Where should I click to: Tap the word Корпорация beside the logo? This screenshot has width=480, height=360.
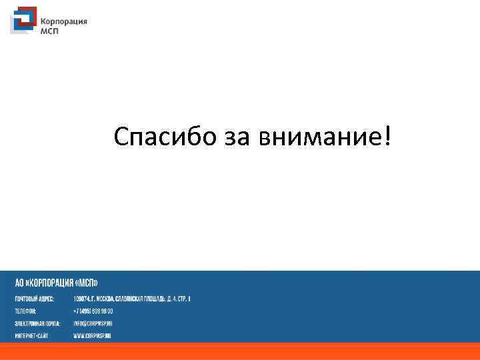[65, 21]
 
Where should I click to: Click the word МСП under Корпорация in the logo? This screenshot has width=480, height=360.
[51, 30]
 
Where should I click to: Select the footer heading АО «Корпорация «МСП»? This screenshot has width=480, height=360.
[57, 283]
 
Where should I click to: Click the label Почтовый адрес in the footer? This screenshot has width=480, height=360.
[35, 299]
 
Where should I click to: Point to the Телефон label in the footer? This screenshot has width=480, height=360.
[25, 311]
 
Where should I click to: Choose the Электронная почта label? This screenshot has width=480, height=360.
[37, 323]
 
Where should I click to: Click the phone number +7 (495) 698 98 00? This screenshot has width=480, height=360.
[93, 311]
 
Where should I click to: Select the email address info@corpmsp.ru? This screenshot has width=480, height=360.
[93, 323]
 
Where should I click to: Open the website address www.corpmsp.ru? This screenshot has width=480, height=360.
[92, 335]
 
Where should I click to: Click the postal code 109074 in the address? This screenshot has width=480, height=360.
[82, 299]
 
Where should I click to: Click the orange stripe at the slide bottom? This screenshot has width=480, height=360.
[240, 351]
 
